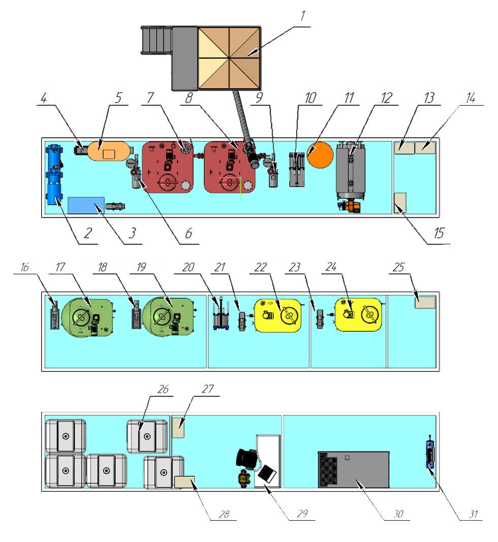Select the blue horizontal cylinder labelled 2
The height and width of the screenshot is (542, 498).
point(53,174)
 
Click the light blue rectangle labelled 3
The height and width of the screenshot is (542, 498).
point(86,205)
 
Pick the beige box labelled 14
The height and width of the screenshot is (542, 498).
point(426,147)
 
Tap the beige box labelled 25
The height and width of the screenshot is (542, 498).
point(425,302)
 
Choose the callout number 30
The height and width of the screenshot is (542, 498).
point(398,514)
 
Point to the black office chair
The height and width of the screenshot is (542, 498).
point(248,458)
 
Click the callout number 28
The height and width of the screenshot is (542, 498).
point(224,514)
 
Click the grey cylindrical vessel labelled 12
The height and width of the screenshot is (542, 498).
point(350,170)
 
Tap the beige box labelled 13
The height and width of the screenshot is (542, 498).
point(404,147)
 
